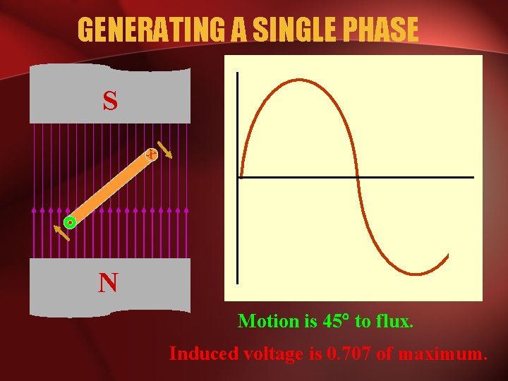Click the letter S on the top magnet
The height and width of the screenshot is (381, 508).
click(x=110, y=102)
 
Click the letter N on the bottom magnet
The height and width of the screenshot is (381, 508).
click(x=108, y=283)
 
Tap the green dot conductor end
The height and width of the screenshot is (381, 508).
click(x=70, y=222)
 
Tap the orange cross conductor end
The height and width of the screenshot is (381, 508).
click(x=151, y=154)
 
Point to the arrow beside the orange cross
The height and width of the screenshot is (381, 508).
click(x=165, y=150)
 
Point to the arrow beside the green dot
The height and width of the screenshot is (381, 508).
click(x=62, y=231)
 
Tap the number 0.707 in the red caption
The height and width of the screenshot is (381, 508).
click(x=350, y=353)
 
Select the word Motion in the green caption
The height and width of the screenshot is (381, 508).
click(x=269, y=321)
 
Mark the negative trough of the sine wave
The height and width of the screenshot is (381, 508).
click(x=415, y=273)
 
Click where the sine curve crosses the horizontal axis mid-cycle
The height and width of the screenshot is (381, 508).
click(x=358, y=177)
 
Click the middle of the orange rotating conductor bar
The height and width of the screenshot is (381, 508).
click(x=111, y=188)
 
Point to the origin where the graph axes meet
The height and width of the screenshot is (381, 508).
click(x=239, y=177)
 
